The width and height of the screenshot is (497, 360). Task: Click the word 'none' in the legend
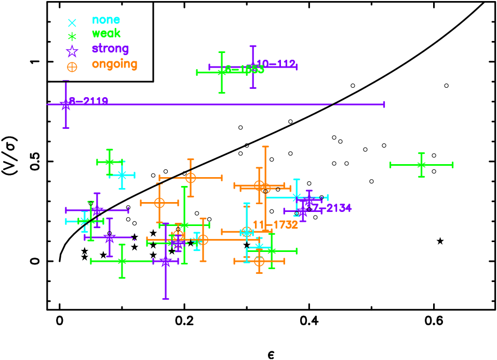106,20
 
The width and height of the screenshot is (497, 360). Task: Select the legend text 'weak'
106,34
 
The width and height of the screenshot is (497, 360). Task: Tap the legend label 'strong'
110,48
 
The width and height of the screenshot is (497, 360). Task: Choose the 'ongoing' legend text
114,64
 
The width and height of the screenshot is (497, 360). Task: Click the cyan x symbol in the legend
72,23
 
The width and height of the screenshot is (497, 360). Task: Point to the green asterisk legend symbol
72,36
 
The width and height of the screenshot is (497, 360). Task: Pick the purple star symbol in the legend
72,51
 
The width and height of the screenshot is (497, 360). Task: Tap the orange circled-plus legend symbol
72,67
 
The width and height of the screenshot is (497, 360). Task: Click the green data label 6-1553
245,70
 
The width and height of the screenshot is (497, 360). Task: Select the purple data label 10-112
276,64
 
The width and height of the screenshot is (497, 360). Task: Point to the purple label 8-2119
89,101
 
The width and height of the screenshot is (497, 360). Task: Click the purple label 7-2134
331,208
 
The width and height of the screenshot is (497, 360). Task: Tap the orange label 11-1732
275,225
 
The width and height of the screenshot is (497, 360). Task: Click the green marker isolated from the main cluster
421,165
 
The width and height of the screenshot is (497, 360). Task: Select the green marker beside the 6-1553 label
222,72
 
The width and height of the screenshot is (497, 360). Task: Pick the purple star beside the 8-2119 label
66,105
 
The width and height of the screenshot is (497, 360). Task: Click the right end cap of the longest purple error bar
384,104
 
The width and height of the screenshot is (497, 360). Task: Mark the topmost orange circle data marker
191,178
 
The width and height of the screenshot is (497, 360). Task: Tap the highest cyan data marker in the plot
122,175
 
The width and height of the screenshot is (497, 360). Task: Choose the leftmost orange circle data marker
159,203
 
